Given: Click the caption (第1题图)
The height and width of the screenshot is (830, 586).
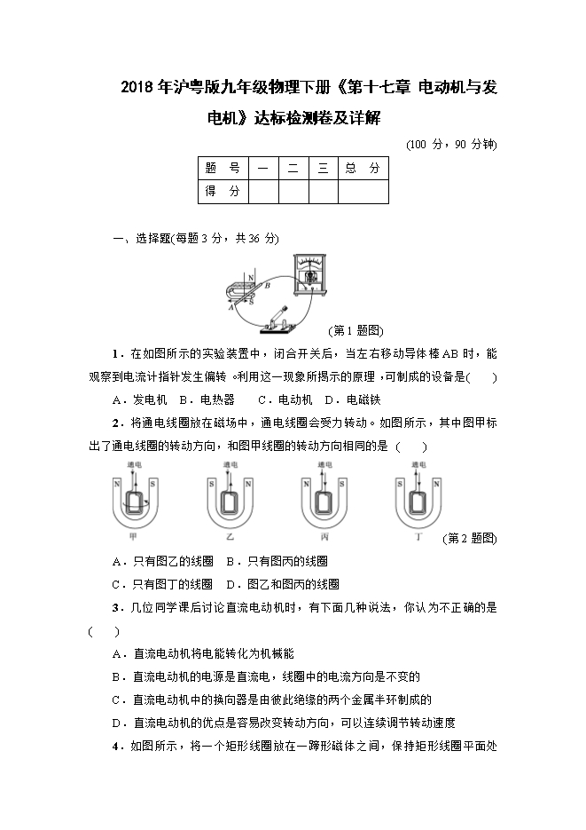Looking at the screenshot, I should click(x=356, y=331).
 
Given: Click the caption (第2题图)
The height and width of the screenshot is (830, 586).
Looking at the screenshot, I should click(x=469, y=539).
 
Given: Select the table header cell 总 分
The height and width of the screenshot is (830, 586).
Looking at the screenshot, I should click(x=363, y=168).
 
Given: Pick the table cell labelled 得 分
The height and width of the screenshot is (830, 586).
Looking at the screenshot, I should click(x=223, y=192).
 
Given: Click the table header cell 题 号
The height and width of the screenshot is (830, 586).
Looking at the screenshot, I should click(x=223, y=168).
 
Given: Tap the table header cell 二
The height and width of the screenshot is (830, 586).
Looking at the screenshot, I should click(x=293, y=168).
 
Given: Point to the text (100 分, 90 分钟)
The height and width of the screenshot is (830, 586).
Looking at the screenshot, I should click(x=450, y=144).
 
